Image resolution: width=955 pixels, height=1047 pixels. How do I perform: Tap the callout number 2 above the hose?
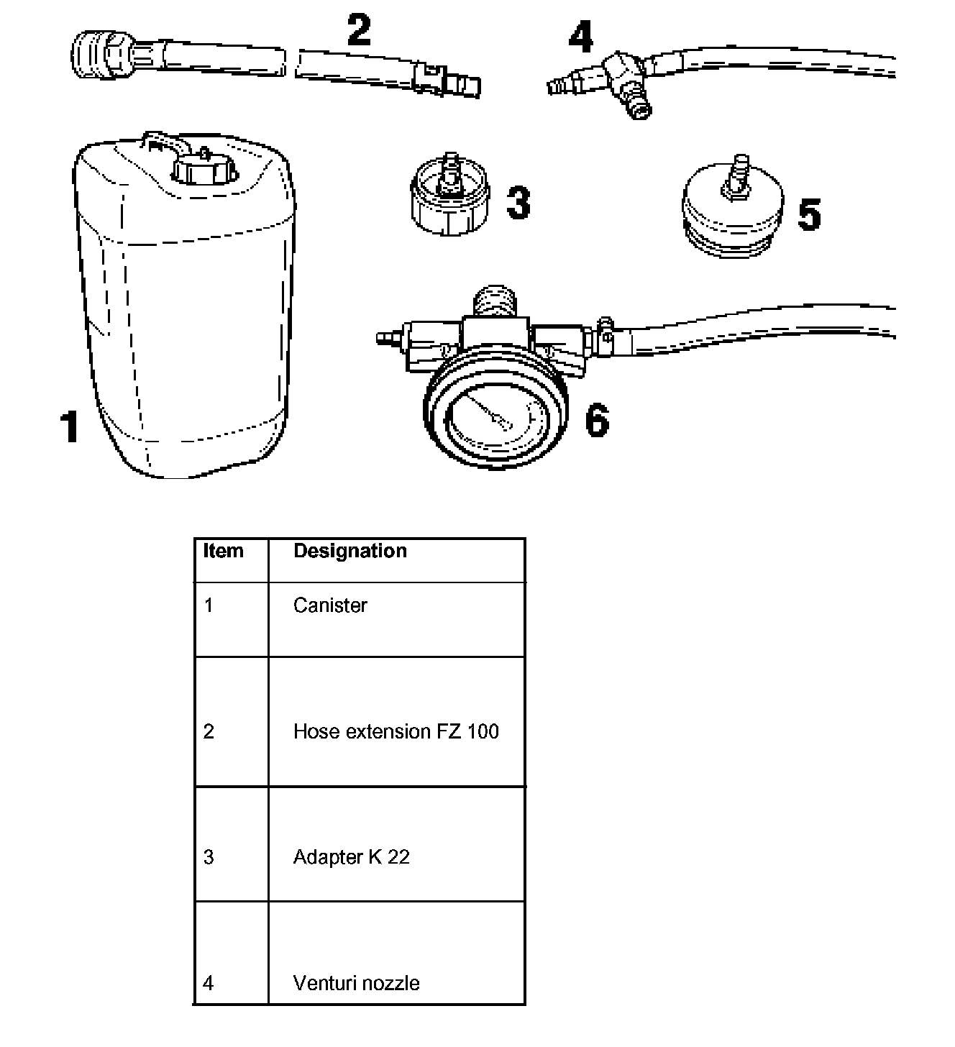tap(360, 31)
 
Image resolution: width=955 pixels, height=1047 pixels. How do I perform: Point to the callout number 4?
tap(581, 37)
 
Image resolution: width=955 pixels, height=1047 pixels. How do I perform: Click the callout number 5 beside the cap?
tap(810, 214)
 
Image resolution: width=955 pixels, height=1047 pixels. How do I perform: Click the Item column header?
tap(224, 551)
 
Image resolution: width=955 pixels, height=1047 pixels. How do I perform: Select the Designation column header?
tap(350, 551)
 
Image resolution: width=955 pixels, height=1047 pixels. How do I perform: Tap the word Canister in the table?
tap(330, 605)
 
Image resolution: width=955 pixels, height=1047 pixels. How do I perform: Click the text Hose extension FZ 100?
tap(396, 731)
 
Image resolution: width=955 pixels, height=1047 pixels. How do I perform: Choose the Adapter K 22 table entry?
tap(351, 857)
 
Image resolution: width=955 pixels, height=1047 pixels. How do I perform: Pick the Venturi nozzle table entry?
tap(356, 983)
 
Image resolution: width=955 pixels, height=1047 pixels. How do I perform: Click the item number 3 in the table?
tap(209, 857)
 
